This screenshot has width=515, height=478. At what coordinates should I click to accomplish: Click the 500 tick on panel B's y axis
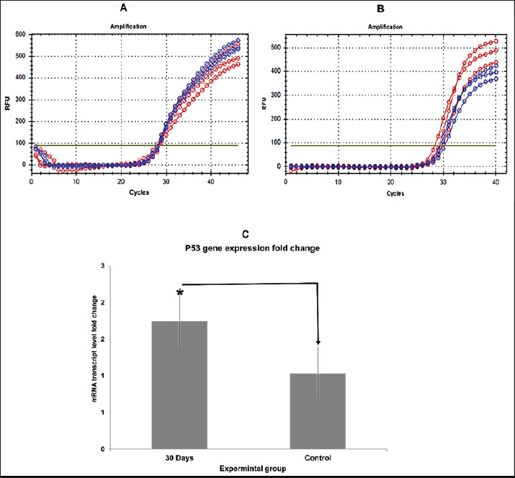(x=276, y=48)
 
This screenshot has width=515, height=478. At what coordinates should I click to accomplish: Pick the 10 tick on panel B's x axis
(x=338, y=184)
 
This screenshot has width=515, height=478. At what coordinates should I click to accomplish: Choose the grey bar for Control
(x=318, y=411)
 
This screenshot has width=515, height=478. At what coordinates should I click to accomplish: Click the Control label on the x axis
(x=318, y=456)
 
